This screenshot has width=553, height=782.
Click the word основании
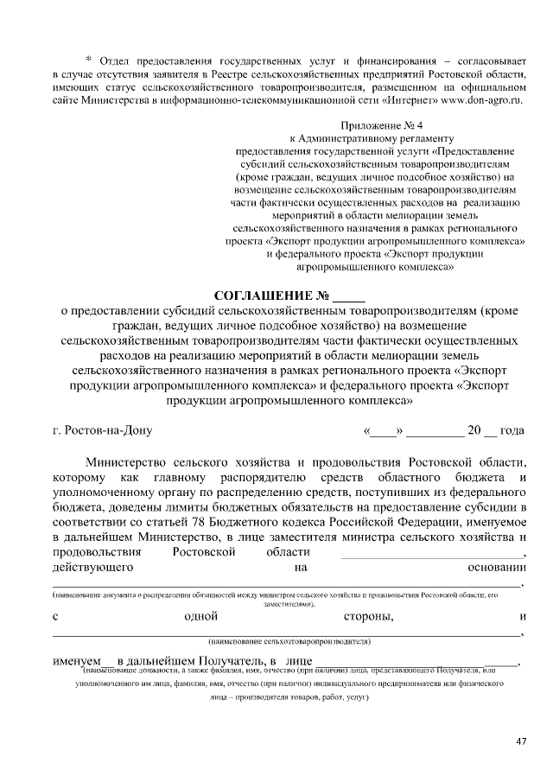pyautogui.click(x=497, y=568)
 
